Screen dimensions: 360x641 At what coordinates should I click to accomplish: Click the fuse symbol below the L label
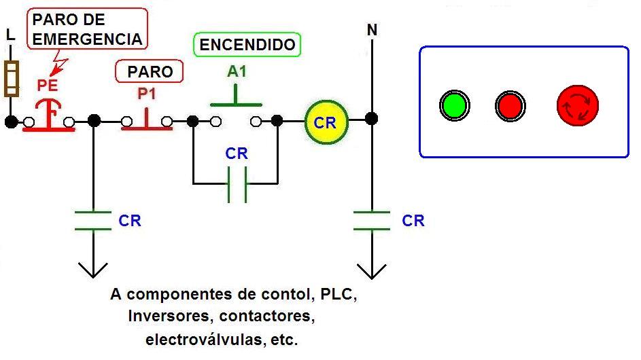click(10, 79)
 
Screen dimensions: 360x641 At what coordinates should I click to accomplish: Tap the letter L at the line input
click(10, 35)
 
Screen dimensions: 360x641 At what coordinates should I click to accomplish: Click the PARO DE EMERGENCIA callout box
click(88, 30)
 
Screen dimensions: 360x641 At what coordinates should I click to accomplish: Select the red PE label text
click(47, 86)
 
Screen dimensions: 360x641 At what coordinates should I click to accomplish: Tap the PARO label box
click(150, 71)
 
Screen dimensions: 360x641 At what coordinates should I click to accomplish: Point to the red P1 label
click(147, 94)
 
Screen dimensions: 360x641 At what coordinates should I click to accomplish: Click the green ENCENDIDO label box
click(247, 45)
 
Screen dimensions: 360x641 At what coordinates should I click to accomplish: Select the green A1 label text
click(236, 71)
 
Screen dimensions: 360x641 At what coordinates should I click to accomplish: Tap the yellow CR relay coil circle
click(326, 122)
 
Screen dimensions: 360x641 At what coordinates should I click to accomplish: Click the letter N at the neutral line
click(372, 30)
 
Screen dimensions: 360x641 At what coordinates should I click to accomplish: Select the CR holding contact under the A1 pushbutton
click(236, 183)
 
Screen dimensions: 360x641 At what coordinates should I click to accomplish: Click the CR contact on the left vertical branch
click(93, 220)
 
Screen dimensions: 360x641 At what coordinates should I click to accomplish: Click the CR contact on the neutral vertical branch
click(372, 220)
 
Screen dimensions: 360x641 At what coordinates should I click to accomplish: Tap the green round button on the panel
click(454, 106)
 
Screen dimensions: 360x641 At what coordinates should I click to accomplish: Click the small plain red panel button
click(510, 106)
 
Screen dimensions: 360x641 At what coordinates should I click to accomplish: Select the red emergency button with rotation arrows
click(577, 105)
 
